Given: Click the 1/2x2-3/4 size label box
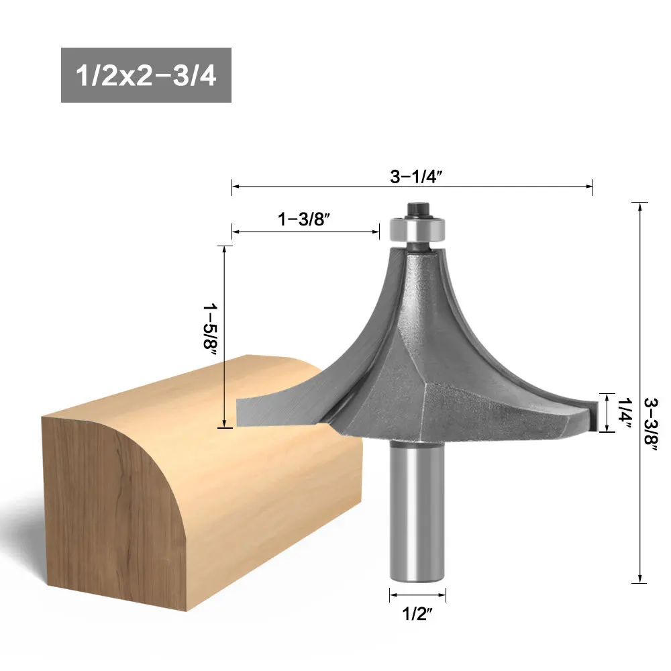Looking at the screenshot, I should tap(146, 75).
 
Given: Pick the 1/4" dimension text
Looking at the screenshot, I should tap(623, 413).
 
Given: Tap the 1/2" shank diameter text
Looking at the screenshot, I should tap(417, 615).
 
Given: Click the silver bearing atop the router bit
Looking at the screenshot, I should tap(417, 230).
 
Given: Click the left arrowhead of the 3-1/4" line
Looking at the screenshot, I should tap(236, 186).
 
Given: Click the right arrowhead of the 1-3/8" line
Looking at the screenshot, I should tap(377, 231).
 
